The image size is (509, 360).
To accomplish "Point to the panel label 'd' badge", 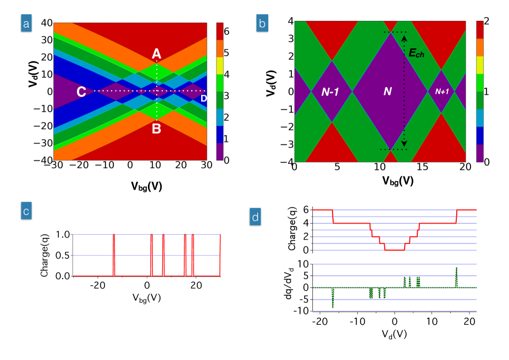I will [x=256, y=217].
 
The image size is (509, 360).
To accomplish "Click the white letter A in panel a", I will [x=157, y=54].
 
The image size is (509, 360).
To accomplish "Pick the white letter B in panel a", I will [x=157, y=129].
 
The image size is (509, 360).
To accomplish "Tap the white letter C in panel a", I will [x=81, y=92].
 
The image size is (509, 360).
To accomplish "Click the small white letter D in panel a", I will [x=203, y=98].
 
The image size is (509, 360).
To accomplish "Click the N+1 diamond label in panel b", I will [x=442, y=92].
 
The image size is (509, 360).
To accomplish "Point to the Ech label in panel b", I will [x=416, y=53].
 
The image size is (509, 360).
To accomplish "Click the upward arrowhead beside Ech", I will [x=405, y=38].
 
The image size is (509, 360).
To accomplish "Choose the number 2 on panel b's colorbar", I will [x=486, y=21].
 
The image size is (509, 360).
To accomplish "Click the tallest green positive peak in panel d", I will [x=456, y=269].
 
